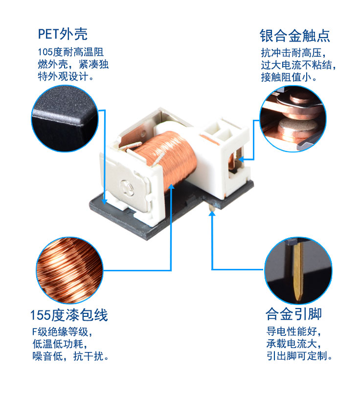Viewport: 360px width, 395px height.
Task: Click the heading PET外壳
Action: coord(63,34)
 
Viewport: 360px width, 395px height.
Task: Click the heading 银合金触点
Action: coord(294,36)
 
